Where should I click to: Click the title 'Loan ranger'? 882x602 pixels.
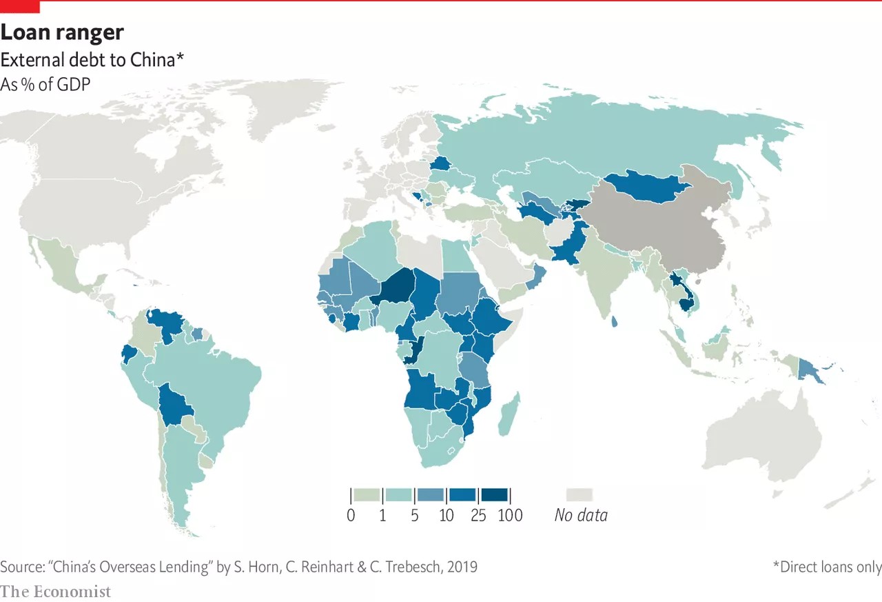pyautogui.click(x=62, y=32)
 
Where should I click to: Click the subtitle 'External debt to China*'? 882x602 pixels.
pyautogui.click(x=92, y=59)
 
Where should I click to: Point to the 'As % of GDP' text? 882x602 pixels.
pyautogui.click(x=46, y=84)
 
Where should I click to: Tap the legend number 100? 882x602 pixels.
pyautogui.click(x=510, y=515)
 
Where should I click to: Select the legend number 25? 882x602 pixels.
pyautogui.click(x=478, y=515)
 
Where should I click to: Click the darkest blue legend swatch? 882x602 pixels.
pyautogui.click(x=495, y=494)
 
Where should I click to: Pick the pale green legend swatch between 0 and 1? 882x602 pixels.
pyautogui.click(x=366, y=494)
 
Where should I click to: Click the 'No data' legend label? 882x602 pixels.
pyautogui.click(x=581, y=515)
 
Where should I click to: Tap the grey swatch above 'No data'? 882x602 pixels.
pyautogui.click(x=580, y=494)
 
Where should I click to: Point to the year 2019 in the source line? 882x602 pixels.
pyautogui.click(x=462, y=567)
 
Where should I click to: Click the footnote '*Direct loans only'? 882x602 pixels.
pyautogui.click(x=827, y=567)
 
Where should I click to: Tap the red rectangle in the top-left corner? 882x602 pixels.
pyautogui.click(x=20, y=7)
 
